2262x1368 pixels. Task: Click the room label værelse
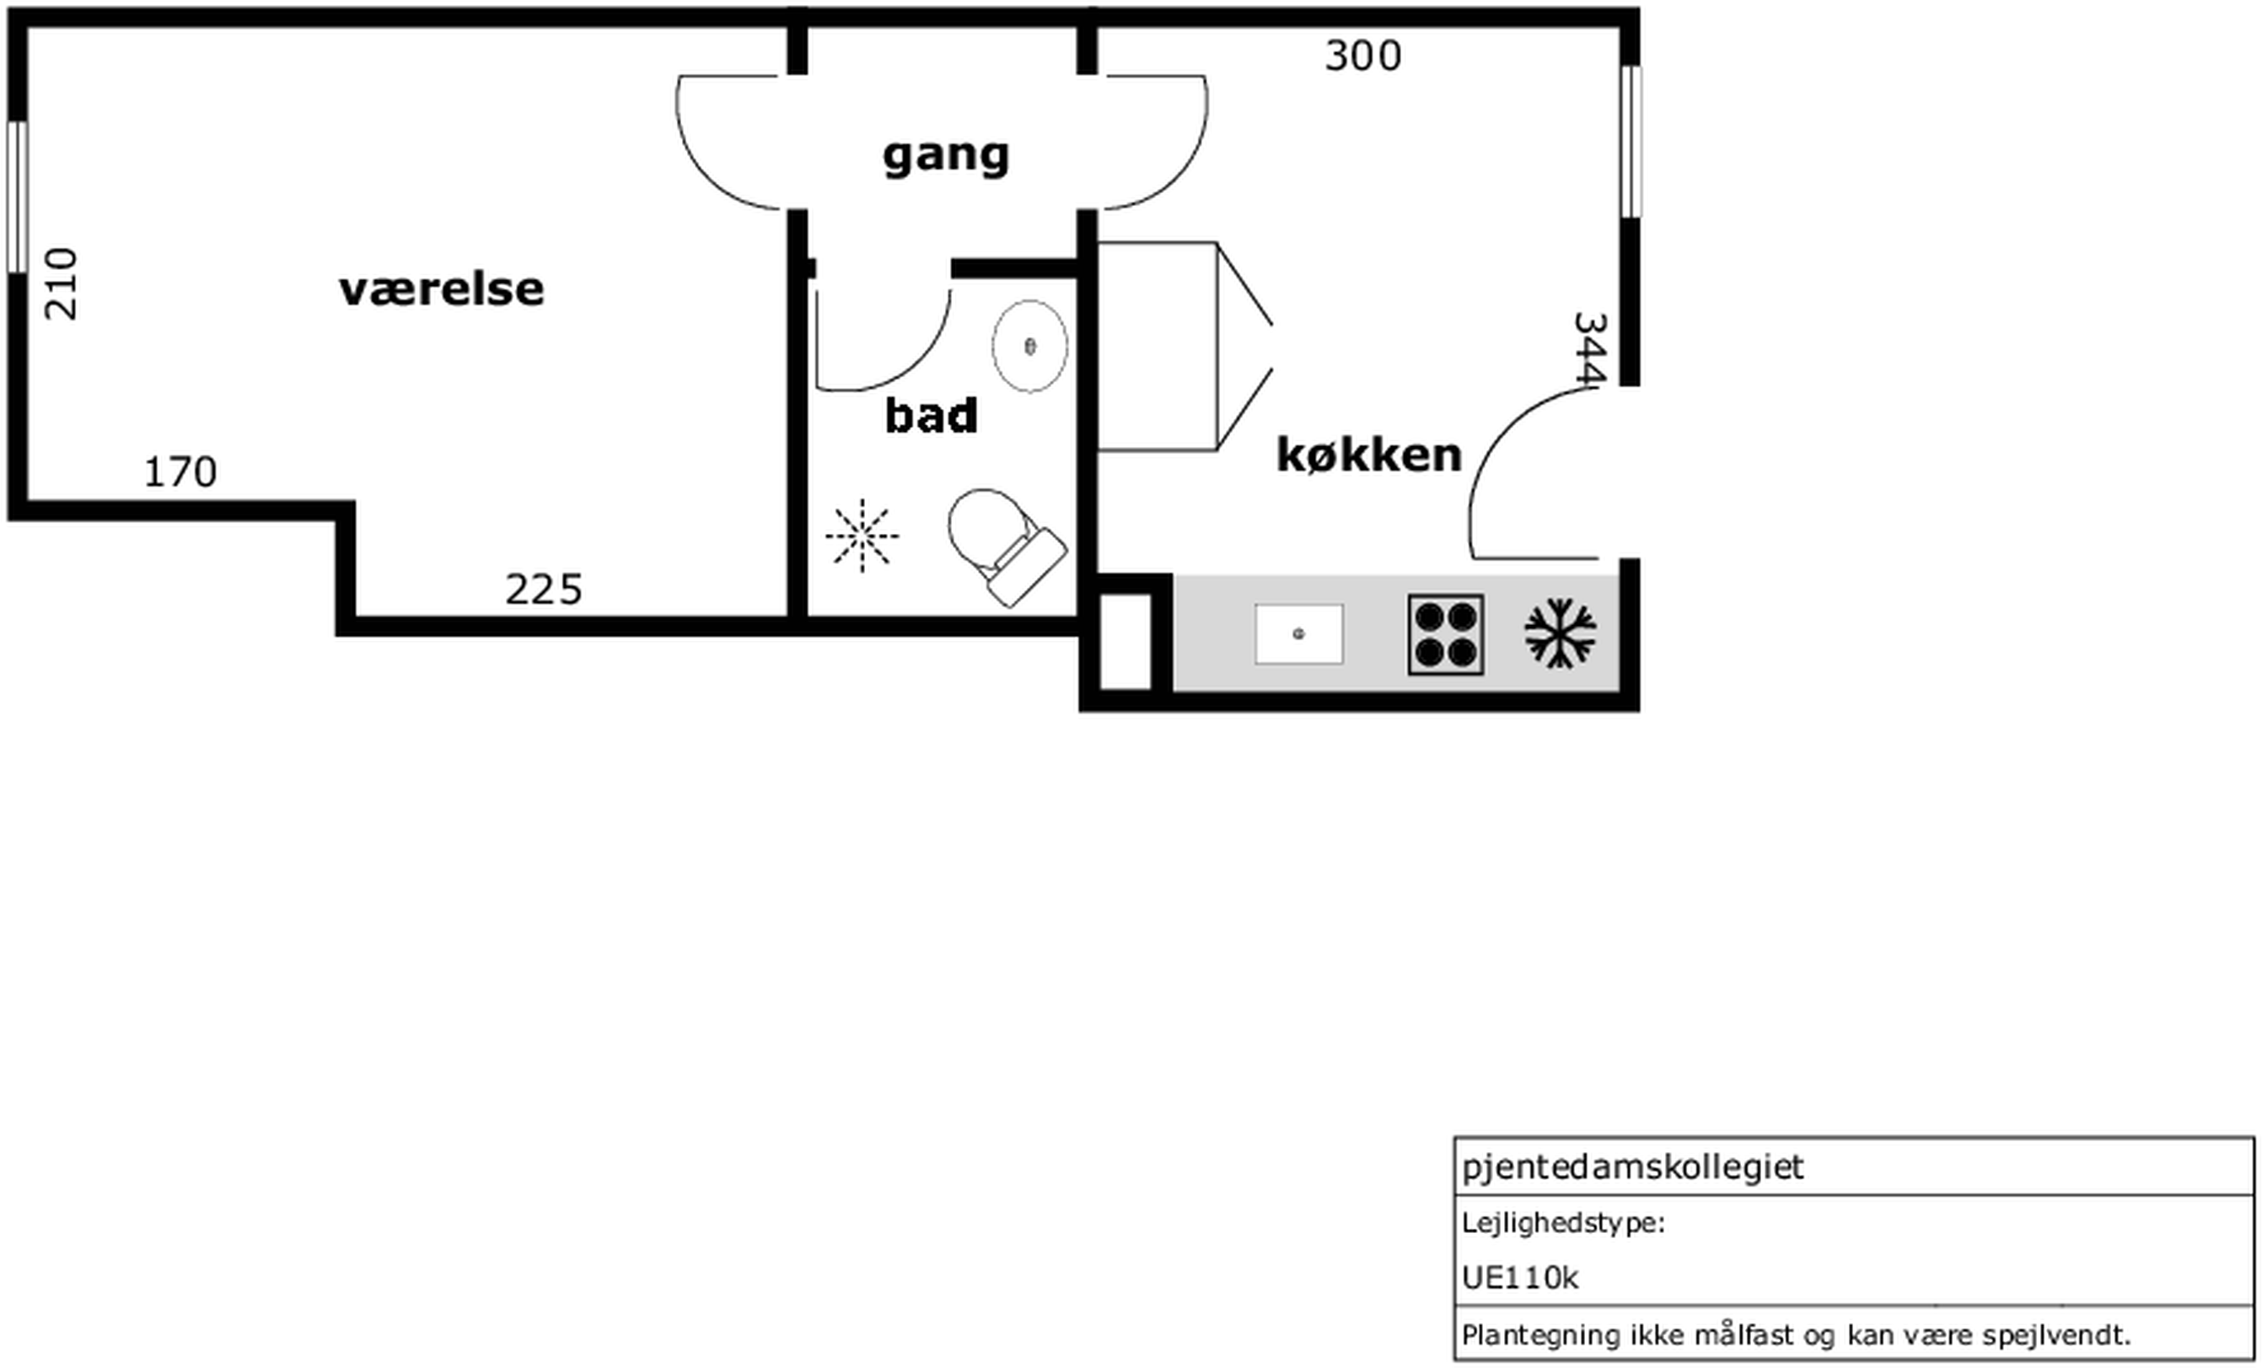point(442,289)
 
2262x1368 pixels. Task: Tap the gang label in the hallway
point(946,156)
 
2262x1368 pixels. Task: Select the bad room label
point(931,415)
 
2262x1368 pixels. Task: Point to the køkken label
point(1369,455)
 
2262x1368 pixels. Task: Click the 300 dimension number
point(1363,56)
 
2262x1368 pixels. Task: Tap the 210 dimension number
point(62,283)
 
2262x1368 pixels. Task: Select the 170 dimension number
point(181,472)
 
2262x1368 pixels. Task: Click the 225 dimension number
point(544,590)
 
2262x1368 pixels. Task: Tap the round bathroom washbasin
point(1030,346)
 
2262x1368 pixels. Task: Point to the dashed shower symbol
point(862,536)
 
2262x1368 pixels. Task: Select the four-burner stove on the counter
point(1446,634)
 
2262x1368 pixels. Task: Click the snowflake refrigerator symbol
point(1560,633)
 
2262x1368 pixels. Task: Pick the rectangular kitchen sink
point(1299,633)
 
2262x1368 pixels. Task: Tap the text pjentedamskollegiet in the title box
point(1632,1167)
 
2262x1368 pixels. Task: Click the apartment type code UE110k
point(1519,1277)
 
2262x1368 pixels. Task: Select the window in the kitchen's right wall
point(1631,142)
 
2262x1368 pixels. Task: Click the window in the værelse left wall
point(18,197)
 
